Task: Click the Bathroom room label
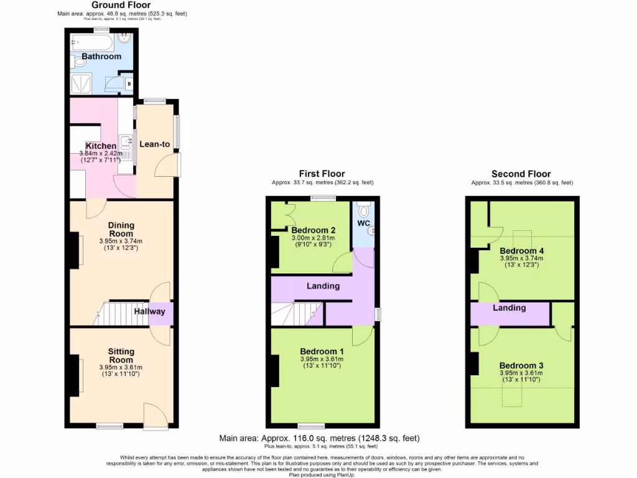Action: click(x=101, y=57)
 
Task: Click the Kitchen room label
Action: click(x=101, y=146)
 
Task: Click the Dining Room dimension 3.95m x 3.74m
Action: click(x=121, y=241)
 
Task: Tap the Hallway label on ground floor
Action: click(x=149, y=311)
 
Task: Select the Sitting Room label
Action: click(x=121, y=355)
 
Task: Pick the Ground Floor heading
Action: click(x=121, y=5)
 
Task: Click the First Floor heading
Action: click(x=322, y=174)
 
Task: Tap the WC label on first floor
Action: click(x=363, y=222)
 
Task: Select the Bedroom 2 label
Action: click(x=314, y=230)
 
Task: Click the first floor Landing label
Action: click(x=323, y=286)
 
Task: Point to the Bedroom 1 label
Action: click(x=322, y=351)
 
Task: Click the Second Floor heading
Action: click(x=521, y=174)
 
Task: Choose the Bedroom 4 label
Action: click(x=521, y=251)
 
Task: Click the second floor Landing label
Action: click(x=509, y=307)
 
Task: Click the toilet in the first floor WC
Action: click(x=365, y=209)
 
